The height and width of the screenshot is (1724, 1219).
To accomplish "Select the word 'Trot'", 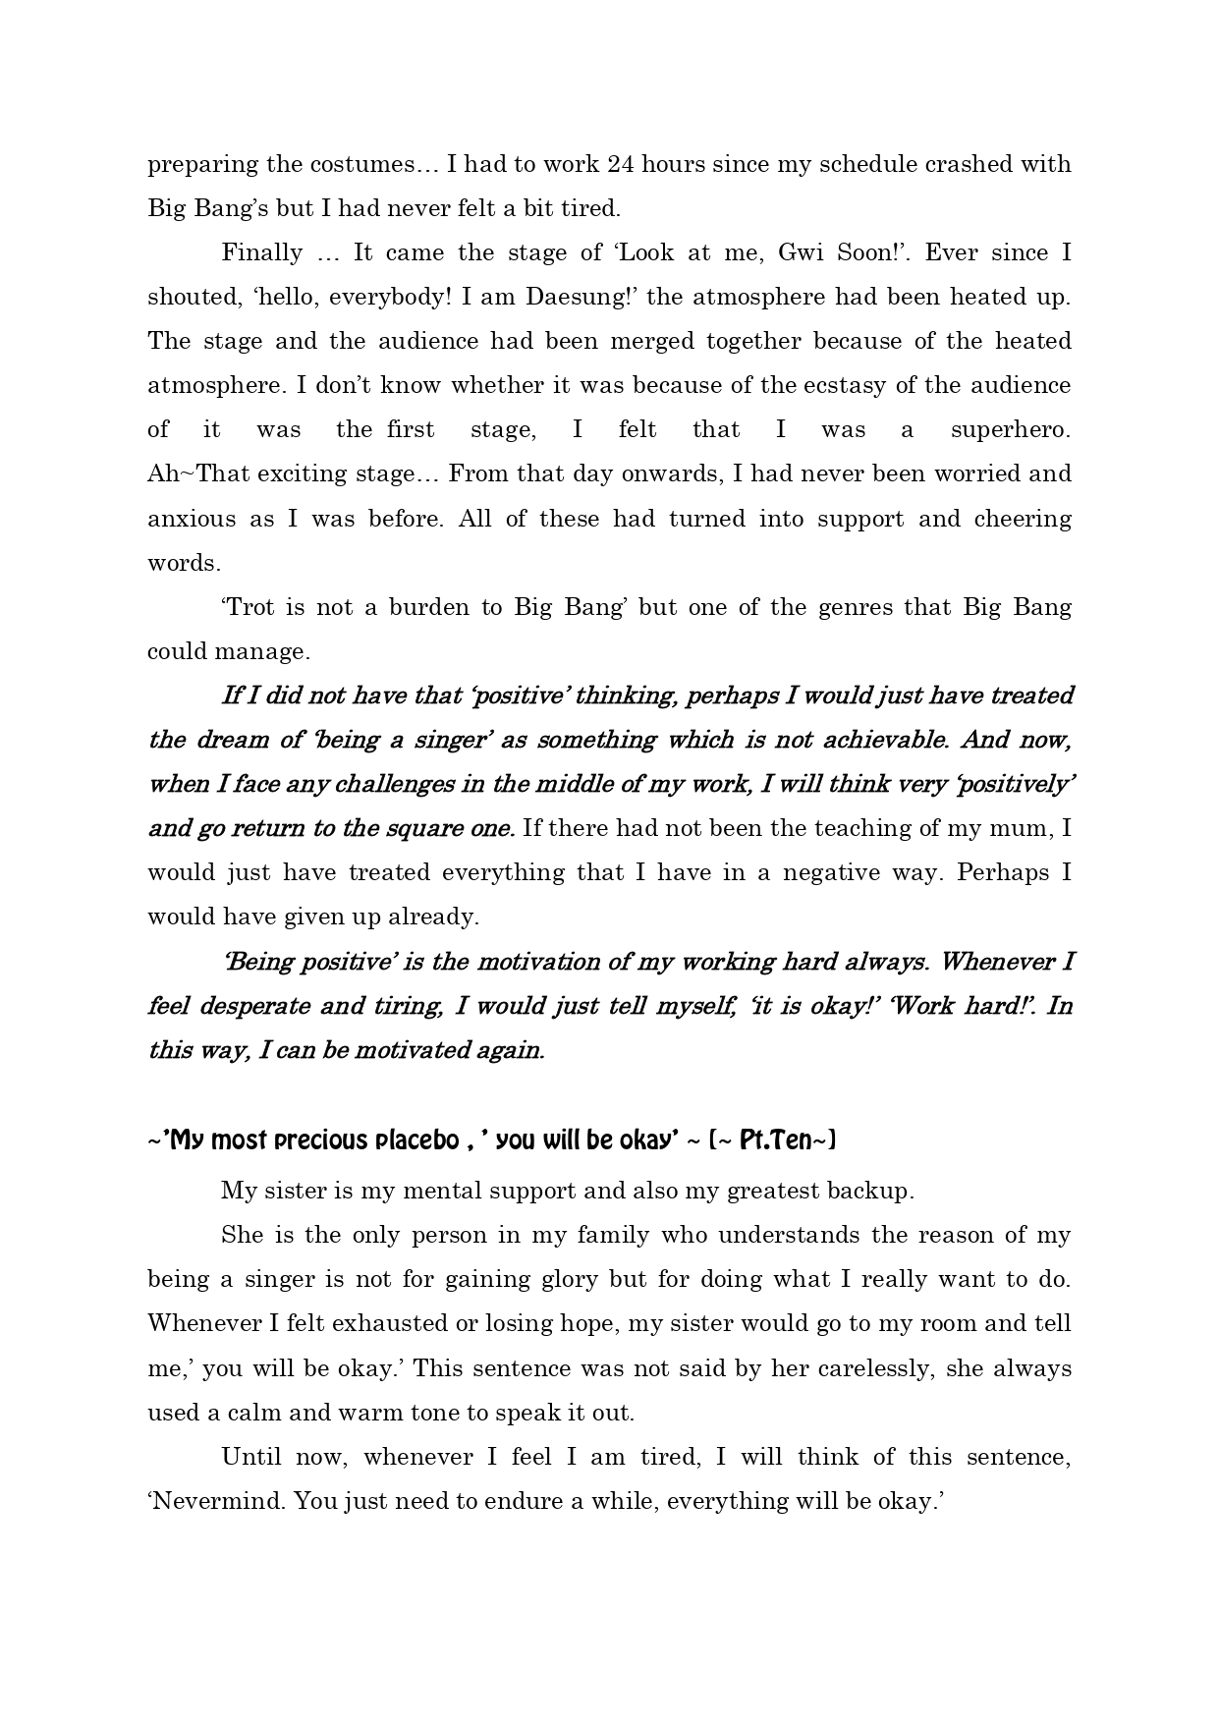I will coord(249,607).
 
